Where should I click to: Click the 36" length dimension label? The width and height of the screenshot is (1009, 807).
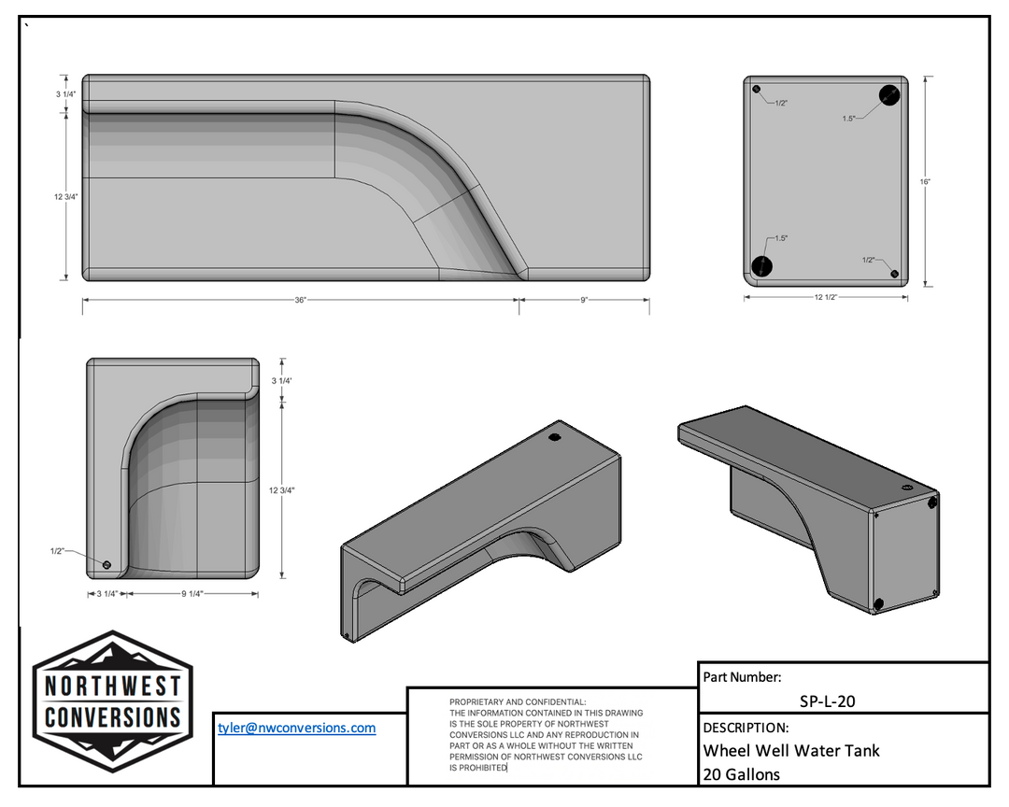click(300, 300)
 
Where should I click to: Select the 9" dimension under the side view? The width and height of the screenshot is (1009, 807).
click(584, 300)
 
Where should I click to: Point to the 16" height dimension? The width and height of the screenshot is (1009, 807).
click(924, 181)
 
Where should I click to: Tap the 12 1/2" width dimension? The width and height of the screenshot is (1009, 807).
click(825, 297)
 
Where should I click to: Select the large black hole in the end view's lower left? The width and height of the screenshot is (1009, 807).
click(762, 265)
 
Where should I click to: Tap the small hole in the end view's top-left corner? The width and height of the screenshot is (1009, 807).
click(757, 91)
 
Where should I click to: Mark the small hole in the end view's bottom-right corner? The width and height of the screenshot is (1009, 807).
click(895, 274)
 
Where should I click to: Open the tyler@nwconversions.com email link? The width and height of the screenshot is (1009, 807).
click(297, 728)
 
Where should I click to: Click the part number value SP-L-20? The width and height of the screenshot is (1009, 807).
click(827, 701)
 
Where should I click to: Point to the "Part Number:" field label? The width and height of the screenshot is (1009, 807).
click(742, 678)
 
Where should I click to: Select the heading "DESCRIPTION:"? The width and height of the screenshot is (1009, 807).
click(746, 727)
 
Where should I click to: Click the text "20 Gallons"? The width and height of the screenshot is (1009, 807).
click(742, 773)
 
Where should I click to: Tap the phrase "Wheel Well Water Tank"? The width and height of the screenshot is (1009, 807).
click(791, 750)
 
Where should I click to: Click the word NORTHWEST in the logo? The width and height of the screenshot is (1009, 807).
click(113, 686)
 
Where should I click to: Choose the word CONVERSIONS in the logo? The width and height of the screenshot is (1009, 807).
click(113, 717)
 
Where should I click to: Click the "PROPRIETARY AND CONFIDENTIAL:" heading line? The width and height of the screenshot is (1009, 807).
click(518, 701)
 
